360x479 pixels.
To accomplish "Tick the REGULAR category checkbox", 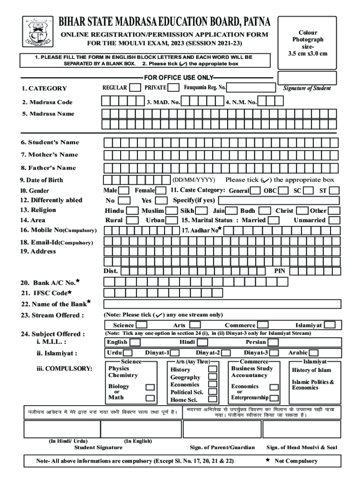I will coord(135,87).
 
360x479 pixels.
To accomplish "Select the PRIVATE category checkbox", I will coord(173,87).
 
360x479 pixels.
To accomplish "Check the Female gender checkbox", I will coord(161,191).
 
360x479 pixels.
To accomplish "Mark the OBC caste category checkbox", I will coord(284,190).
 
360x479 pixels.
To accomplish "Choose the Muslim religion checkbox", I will coord(172,210).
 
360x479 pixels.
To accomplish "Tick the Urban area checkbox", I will coord(172,220).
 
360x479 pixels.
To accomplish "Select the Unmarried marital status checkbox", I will coord(334,220).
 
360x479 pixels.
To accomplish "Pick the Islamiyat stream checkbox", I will coord(330,325).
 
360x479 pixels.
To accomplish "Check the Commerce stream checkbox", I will coord(263,325).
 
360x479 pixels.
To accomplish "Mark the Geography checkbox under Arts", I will coord(213,377).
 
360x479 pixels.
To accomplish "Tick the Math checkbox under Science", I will coord(150,398).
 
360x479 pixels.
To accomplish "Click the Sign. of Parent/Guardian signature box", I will coord(222,429).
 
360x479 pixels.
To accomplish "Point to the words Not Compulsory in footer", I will coord(296,461).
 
